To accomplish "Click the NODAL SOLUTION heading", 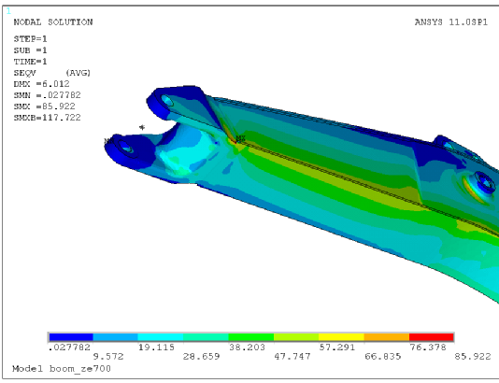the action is (x=53, y=22).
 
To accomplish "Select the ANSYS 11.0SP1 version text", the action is (x=451, y=22).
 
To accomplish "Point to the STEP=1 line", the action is (x=30, y=39).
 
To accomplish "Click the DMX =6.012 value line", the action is (x=41, y=84).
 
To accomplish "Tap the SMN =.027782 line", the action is (x=47, y=95).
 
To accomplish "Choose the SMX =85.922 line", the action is (x=44, y=106).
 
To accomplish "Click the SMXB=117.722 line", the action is (x=47, y=118).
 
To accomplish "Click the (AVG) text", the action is (x=78, y=73).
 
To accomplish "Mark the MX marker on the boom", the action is (x=241, y=138).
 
